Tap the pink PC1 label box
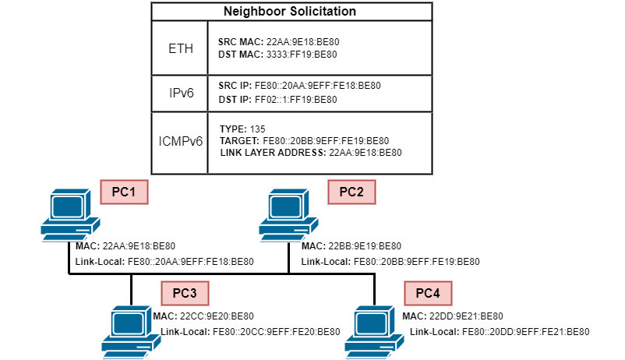124,191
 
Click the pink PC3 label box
185,292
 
